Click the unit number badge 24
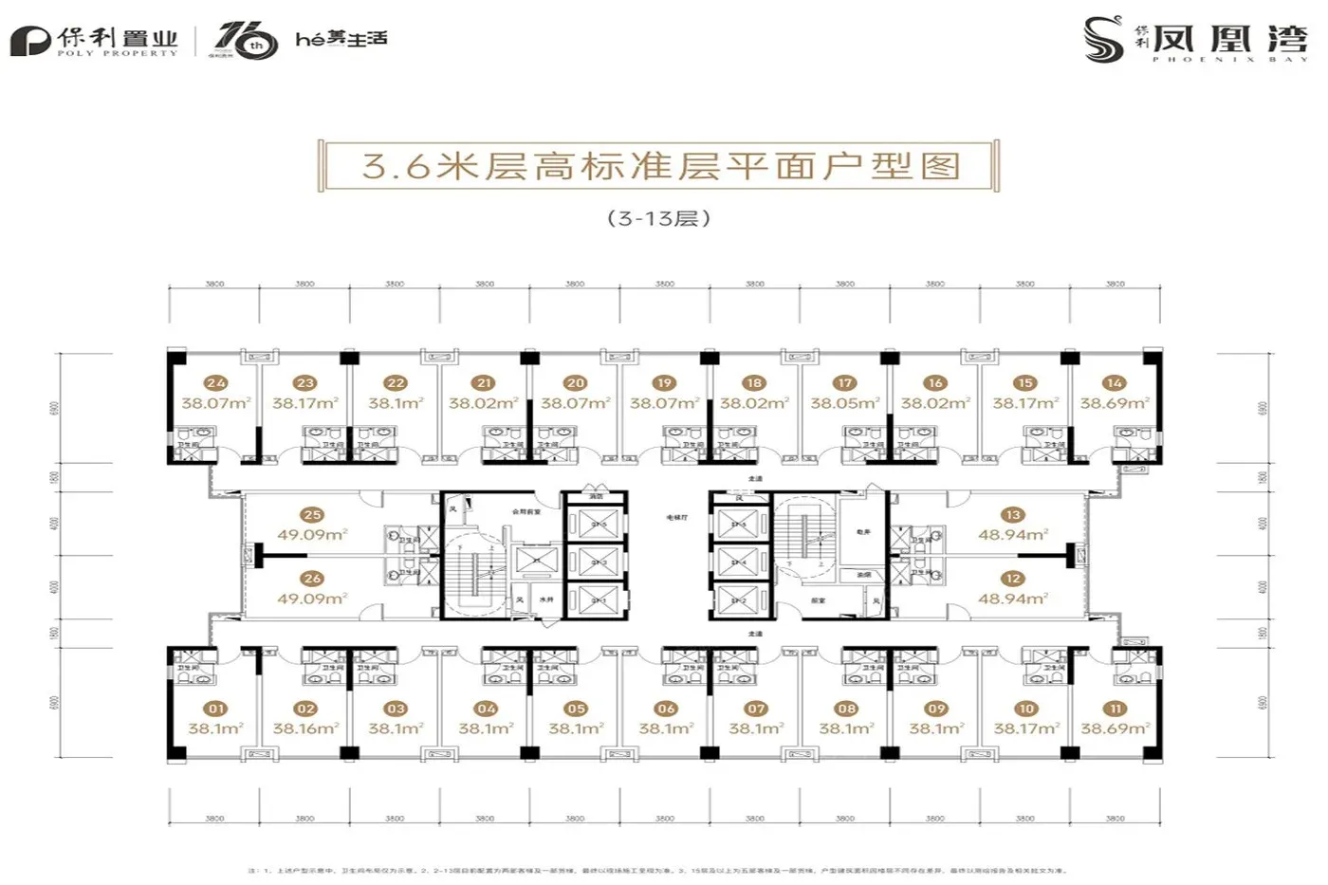216,383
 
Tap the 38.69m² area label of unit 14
1115,403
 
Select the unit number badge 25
312,515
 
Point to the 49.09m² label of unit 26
312,599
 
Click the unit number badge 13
1012,515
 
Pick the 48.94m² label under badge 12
1012,599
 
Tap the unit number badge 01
216,709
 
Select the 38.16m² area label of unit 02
305,728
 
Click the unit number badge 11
1116,709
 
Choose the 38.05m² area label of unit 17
844,403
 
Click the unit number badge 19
664,383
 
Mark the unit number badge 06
666,709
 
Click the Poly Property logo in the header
95,41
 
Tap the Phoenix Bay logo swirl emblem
1104,40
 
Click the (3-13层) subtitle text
659,218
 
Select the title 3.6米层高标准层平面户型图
661,166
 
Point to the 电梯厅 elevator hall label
676,518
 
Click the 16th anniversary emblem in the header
244,41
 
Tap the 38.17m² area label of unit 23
305,403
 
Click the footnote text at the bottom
657,870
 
